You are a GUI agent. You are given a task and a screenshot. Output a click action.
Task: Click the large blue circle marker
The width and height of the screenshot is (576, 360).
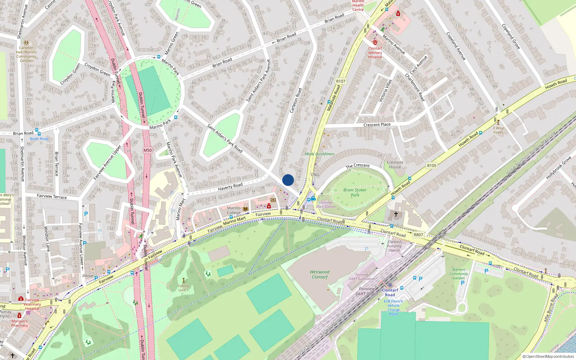(x=288, y=180)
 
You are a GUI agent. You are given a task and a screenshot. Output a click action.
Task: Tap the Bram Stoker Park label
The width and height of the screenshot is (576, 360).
(x=355, y=193)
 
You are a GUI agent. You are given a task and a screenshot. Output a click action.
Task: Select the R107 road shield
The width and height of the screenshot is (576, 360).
(x=341, y=81)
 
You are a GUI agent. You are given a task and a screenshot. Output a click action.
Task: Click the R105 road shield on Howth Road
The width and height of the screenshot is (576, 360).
(x=431, y=166)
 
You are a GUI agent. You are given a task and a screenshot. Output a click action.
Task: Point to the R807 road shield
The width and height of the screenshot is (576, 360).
(x=418, y=235)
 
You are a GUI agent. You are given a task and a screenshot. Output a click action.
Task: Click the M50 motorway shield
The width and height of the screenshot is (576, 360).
(x=148, y=150)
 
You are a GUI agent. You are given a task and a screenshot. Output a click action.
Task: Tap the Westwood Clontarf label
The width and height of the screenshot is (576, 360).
(x=320, y=274)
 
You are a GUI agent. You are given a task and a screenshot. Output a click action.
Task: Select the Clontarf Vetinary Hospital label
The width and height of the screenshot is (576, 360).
(x=375, y=53)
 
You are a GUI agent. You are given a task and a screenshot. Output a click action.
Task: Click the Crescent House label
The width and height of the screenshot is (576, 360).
(x=395, y=165)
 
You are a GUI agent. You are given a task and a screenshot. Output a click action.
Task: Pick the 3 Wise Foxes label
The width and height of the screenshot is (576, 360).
(x=498, y=130)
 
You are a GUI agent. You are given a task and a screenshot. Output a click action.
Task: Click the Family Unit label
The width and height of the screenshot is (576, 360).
(x=183, y=288)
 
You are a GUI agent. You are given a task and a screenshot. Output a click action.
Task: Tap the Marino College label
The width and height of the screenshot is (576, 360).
(x=234, y=210)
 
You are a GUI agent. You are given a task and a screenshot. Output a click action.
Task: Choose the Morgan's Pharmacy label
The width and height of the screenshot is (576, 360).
(x=19, y=323)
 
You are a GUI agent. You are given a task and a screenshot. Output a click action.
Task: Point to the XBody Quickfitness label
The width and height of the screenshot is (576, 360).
(x=319, y=154)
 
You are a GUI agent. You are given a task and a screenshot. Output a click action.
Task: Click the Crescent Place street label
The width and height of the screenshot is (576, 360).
(x=377, y=125)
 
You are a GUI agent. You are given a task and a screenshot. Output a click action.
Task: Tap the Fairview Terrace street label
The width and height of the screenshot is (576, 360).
(x=52, y=196)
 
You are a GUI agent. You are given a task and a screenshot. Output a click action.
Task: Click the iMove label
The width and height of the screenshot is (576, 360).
(x=88, y=276)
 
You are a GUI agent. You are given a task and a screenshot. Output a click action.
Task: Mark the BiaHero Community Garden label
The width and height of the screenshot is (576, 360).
(x=459, y=274)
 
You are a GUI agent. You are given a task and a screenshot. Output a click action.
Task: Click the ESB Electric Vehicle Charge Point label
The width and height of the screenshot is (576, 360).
(x=393, y=307)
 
